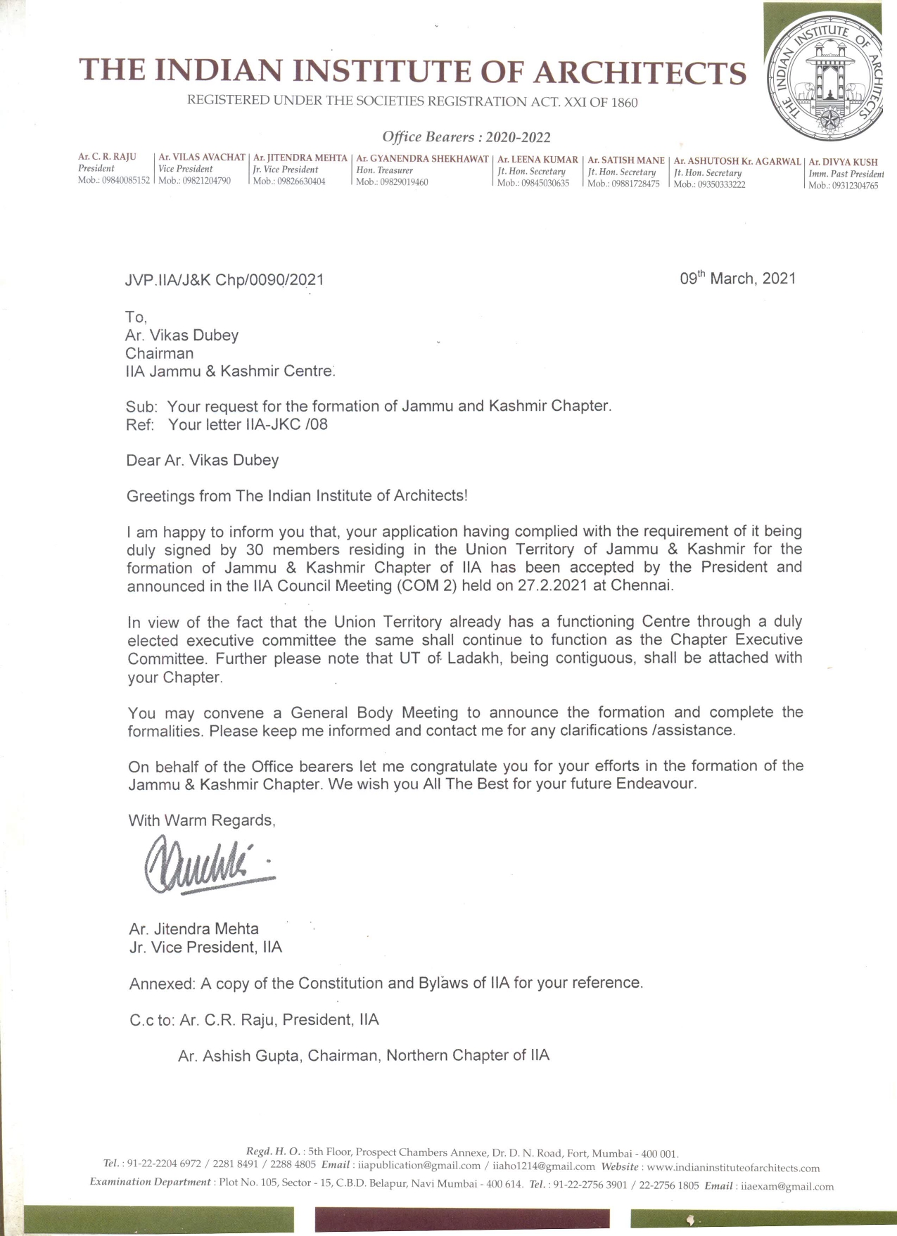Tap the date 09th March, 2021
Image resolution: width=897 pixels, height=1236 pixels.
coord(737,279)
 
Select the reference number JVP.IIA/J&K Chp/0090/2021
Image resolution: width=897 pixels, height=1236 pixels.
coord(224,280)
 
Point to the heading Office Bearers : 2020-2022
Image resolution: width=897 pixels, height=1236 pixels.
coord(466,136)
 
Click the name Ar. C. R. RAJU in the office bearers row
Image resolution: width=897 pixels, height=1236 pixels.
coord(107,157)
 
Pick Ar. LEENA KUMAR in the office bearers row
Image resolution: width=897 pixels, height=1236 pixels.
coord(537,160)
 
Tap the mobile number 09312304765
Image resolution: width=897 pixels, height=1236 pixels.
coord(853,186)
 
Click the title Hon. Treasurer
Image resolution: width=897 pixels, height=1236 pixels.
coord(384,170)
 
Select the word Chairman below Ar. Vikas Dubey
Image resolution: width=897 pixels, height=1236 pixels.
coord(160,353)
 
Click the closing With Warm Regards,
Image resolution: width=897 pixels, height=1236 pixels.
coord(202,820)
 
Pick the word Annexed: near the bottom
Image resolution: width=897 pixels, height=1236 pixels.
coord(162,983)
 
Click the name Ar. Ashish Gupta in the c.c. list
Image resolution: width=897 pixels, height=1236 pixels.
coord(238,1056)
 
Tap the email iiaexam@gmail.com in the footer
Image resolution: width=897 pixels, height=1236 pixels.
coord(785,1186)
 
